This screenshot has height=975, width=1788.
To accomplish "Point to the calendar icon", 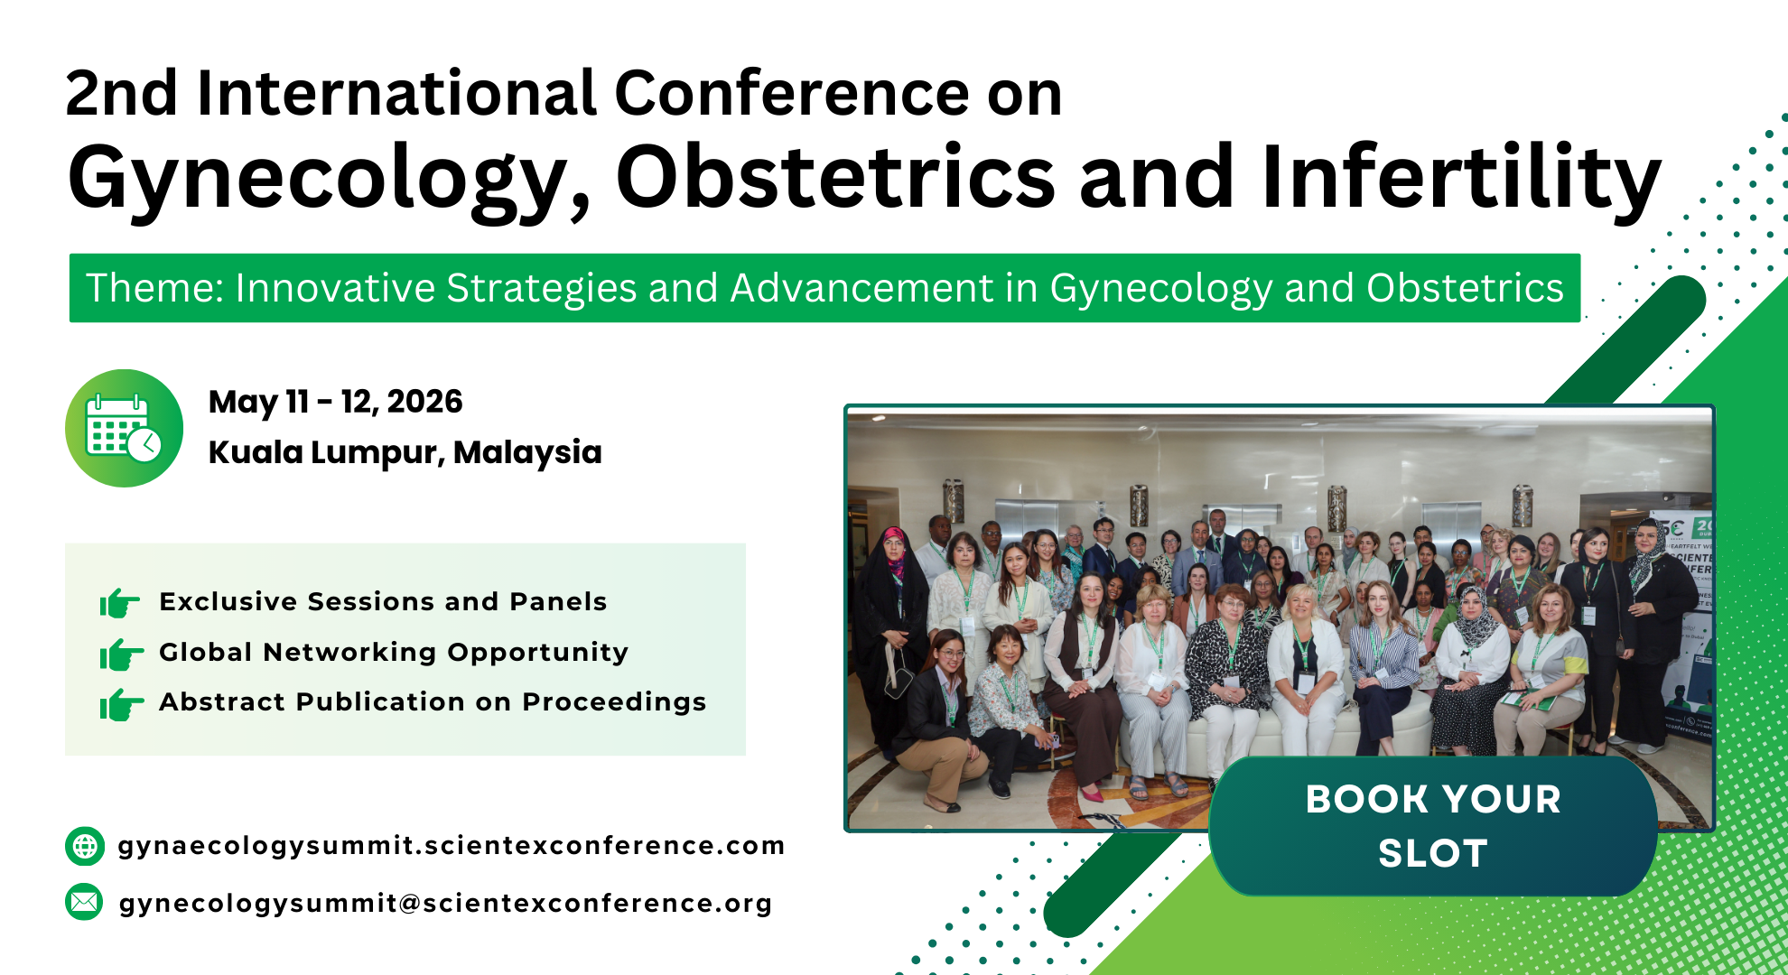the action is click(124, 428).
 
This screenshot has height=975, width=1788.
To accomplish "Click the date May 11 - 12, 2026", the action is click(335, 402).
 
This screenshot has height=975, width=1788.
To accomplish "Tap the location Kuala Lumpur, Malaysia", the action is click(405, 452).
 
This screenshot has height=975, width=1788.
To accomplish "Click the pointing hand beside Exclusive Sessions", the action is click(119, 602).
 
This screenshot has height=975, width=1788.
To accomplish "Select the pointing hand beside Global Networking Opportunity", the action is click(121, 654).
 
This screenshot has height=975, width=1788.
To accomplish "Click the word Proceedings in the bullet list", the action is click(614, 702).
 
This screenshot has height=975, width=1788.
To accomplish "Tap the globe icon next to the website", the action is click(85, 846).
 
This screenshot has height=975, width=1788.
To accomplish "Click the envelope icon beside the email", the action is click(85, 902).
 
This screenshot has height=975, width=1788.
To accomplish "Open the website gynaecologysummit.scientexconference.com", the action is click(452, 846).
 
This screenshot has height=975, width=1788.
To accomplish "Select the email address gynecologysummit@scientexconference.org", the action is click(446, 904).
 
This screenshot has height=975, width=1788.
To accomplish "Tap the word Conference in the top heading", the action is click(792, 93).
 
